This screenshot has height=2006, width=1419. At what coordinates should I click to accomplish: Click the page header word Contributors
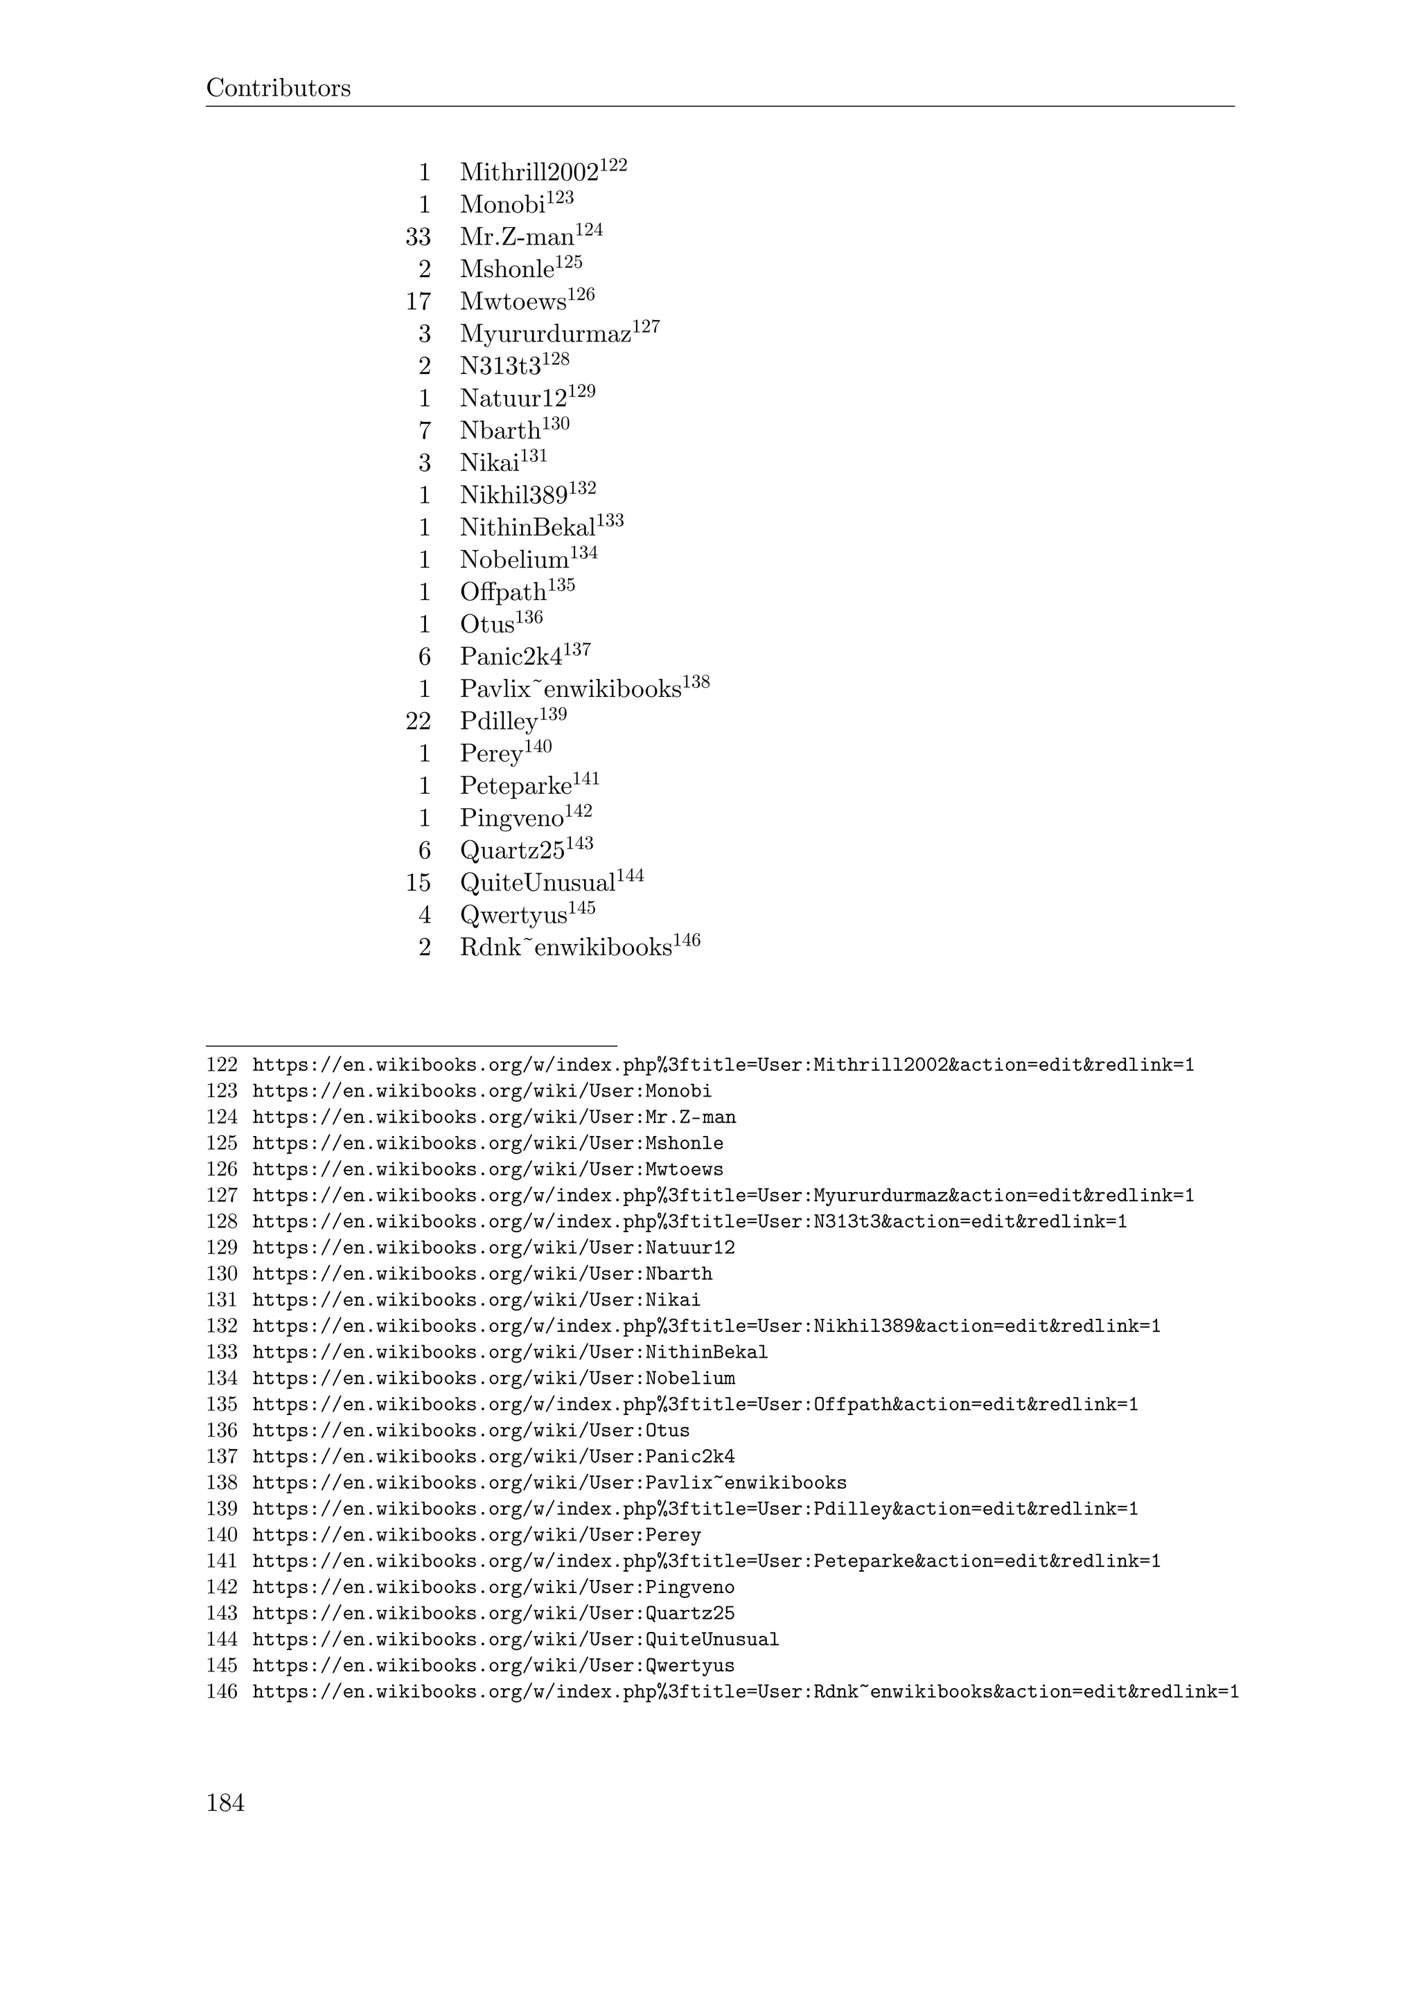point(278,88)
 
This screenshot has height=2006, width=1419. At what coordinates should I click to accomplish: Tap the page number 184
point(225,1802)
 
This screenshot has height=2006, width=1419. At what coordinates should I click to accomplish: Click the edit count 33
point(418,238)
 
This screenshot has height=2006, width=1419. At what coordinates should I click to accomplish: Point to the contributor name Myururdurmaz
point(545,335)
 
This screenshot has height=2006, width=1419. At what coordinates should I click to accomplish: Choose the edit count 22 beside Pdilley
point(418,722)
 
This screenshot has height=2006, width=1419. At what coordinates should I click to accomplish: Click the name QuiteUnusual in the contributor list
point(538,884)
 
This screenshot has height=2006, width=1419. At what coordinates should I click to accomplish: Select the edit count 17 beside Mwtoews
point(418,302)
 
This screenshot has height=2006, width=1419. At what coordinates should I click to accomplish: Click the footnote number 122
point(222,1065)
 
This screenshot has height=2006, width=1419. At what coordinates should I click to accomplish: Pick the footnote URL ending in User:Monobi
point(482,1091)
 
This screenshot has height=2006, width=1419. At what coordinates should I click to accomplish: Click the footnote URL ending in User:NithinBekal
point(509,1353)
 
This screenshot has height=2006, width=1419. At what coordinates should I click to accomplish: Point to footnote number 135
point(222,1405)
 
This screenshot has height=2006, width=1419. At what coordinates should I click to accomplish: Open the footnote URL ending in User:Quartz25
point(493,1614)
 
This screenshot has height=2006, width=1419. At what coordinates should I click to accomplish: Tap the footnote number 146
point(222,1692)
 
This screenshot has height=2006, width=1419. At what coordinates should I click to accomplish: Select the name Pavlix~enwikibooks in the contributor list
point(570,690)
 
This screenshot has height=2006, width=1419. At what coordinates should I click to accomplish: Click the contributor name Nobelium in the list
point(514,561)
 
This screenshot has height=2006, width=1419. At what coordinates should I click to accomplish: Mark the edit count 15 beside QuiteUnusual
point(418,884)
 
